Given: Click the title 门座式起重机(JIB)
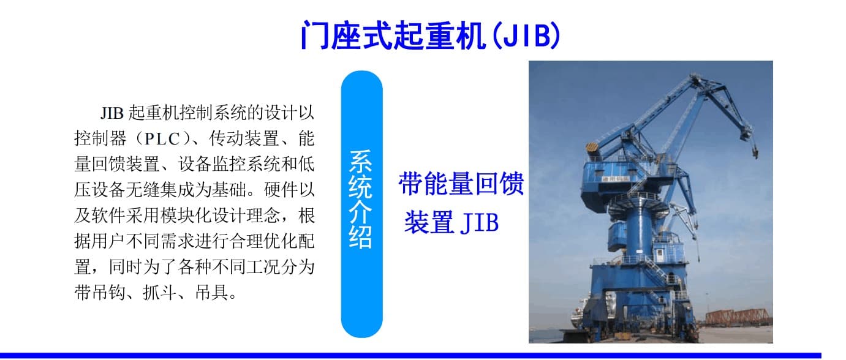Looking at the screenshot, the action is (430, 35).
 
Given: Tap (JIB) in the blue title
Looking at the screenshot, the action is (526, 35).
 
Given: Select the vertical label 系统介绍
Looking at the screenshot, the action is (361, 199).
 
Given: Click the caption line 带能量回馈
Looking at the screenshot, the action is (461, 184).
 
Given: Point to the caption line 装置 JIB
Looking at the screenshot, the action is (451, 222).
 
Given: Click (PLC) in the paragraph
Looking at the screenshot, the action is (163, 138).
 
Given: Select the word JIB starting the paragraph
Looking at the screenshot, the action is (112, 113).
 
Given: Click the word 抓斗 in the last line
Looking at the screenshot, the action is (160, 293).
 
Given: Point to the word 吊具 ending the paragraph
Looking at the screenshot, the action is (212, 293).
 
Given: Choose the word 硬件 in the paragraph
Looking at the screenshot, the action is (281, 190).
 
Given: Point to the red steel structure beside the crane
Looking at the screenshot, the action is (737, 317).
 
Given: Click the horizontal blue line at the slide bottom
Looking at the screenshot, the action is (410, 356).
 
